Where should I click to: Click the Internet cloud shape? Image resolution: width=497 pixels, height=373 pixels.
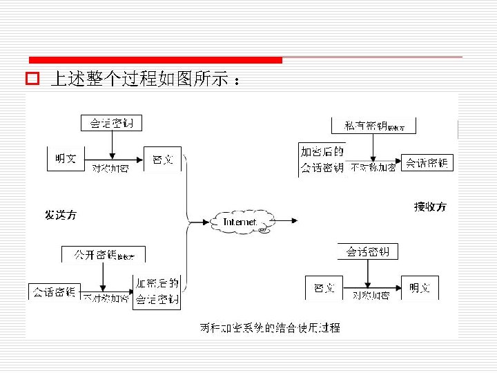tap(240, 222)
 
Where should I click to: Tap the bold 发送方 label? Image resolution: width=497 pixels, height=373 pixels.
tap(61, 216)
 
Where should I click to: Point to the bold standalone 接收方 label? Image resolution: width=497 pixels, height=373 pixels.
tap(430, 207)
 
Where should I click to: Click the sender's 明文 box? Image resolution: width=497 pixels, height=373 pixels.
tap(66, 159)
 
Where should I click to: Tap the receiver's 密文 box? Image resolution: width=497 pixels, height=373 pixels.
tap(324, 287)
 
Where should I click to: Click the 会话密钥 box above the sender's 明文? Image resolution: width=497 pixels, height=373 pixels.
tap(112, 124)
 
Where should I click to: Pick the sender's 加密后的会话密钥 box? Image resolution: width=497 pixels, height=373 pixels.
tap(157, 292)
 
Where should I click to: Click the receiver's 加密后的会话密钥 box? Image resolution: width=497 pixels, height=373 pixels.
tap(322, 160)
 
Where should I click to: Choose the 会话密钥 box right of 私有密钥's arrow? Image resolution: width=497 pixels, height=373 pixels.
tap(427, 163)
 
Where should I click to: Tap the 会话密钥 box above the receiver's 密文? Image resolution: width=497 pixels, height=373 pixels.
tap(368, 252)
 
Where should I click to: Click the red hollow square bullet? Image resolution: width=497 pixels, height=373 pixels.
tap(31, 79)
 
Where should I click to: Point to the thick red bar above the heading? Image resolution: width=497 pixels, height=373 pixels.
tap(155, 60)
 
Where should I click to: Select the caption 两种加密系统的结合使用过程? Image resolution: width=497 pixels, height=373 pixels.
tap(270, 327)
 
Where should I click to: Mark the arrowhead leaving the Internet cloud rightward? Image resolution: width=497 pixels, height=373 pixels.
tap(295, 221)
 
